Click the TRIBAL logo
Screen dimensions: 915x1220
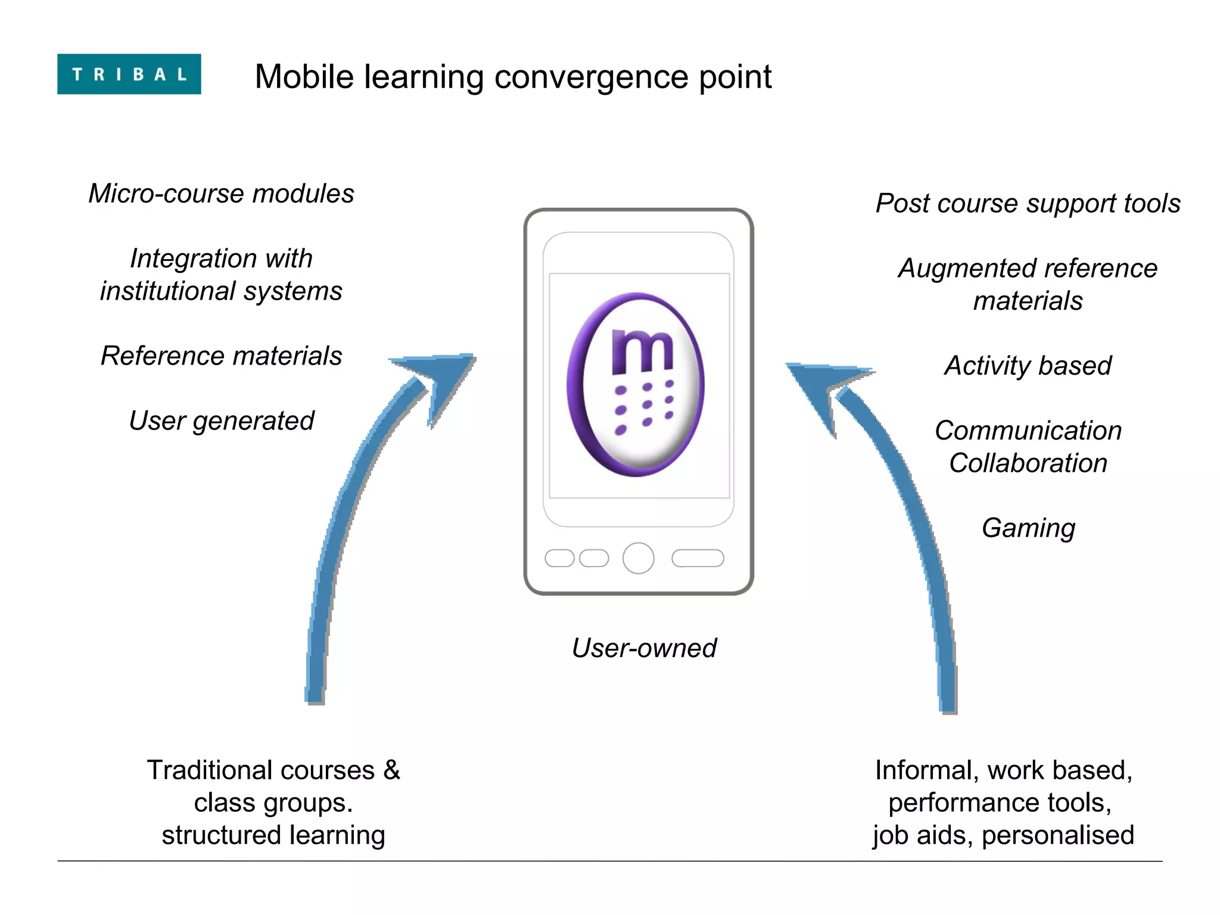coord(129,74)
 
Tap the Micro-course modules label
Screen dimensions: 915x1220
coord(221,194)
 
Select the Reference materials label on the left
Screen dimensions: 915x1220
coord(221,356)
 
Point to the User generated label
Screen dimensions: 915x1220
coord(221,421)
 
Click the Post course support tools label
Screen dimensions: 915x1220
coord(1028,203)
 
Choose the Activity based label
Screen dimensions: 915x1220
coord(1028,365)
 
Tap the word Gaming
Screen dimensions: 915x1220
coord(1028,528)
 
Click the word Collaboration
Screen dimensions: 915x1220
coord(1028,463)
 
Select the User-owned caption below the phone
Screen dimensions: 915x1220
coord(644,648)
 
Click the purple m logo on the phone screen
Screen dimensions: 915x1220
coord(636,384)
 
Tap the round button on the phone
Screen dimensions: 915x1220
coord(638,558)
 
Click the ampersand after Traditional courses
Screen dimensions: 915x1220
coord(391,770)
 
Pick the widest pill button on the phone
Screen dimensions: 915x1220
coord(698,558)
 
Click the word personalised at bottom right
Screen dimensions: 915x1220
coord(1057,835)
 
